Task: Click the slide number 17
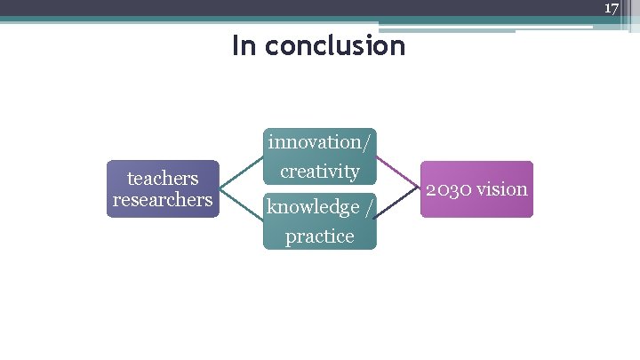pos(611,8)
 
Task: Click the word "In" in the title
pos(244,44)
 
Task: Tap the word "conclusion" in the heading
pos(333,44)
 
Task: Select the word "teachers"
pos(162,179)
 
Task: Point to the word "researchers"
pos(163,199)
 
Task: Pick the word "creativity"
pos(320,171)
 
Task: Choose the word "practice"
pos(319,236)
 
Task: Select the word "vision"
pos(503,189)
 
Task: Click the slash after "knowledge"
pos(367,208)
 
